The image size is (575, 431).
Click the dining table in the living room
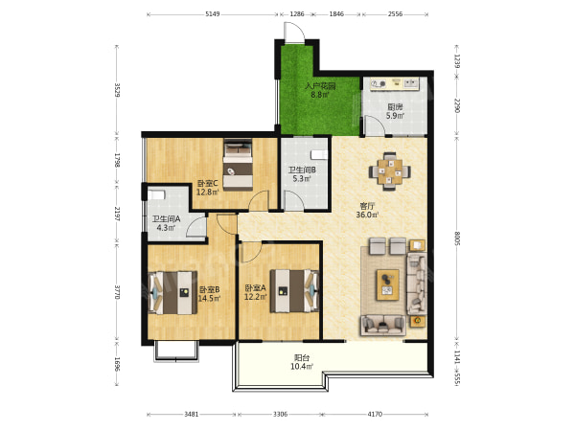point(389,171)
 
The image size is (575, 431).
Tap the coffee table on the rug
point(387,284)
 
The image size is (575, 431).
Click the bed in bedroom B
point(172,292)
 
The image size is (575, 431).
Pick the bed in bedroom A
point(294,291)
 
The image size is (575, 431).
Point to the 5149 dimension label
point(213,14)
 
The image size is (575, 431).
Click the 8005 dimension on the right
point(457,238)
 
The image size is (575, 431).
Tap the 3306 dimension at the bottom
point(280,414)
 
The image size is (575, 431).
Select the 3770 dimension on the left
point(117,292)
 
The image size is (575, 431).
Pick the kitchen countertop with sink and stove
point(394,84)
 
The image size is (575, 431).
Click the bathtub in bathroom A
point(156,194)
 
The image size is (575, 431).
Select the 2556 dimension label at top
point(395,14)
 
